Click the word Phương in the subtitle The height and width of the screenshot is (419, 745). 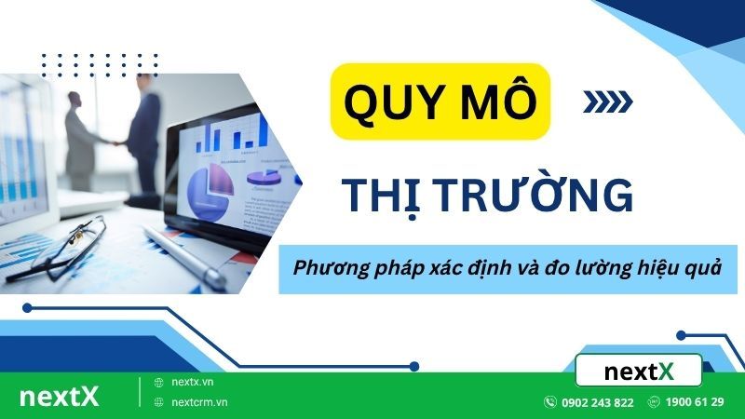coord(327,266)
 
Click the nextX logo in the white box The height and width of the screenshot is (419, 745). coord(638,371)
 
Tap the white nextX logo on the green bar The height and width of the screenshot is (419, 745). coord(59,397)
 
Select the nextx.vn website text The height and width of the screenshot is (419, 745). coord(193,383)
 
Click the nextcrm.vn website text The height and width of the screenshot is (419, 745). coord(199,402)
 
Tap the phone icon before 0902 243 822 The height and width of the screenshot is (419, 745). coord(549,402)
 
